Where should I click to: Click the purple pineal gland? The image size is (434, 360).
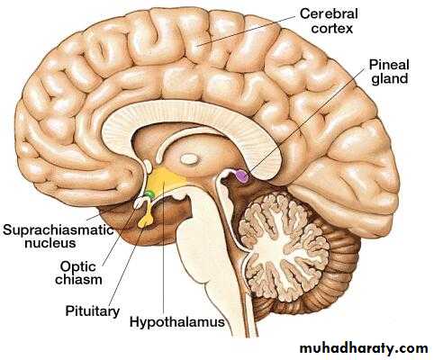[x=242, y=176]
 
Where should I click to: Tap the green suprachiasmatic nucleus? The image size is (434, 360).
[x=149, y=194]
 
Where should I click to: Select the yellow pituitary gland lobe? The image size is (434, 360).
[x=145, y=220]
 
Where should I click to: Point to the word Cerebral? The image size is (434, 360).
[x=329, y=13]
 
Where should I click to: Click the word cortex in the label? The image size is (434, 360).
[x=331, y=29]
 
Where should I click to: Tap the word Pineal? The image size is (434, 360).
[x=389, y=65]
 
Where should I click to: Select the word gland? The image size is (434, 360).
[x=390, y=79]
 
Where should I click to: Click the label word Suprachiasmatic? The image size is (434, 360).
[x=59, y=230]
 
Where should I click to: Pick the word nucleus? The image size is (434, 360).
[x=50, y=243]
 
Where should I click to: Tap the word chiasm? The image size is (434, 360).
[x=78, y=280]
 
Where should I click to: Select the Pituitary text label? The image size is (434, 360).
[x=93, y=311]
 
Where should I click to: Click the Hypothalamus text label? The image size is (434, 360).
[x=177, y=322]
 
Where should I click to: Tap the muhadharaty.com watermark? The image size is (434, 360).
[x=364, y=348]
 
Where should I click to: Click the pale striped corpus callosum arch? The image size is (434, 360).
[x=192, y=120]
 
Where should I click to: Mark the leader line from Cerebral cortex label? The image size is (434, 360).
[x=246, y=31]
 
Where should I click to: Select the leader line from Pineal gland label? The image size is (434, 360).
[x=306, y=122]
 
